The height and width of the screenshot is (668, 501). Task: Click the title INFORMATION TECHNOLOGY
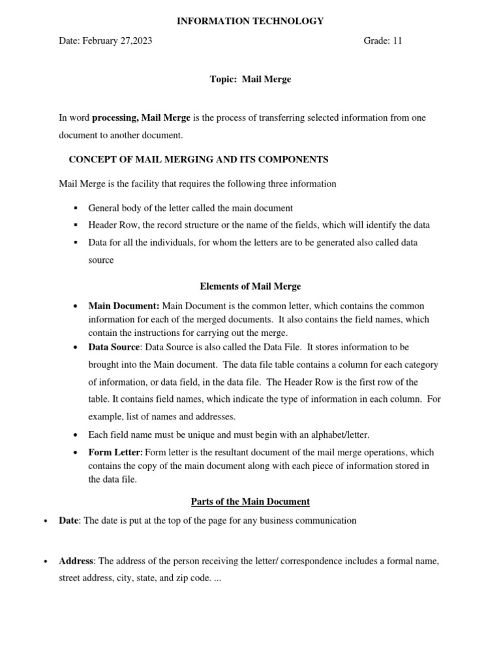click(250, 21)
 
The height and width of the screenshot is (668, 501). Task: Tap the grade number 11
click(397, 40)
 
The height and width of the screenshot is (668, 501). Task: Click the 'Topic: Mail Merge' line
click(250, 79)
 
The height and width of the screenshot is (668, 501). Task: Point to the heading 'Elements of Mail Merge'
click(250, 286)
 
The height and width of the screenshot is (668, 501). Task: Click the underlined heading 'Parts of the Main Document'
click(250, 502)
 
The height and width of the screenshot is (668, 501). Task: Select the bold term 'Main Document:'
click(124, 306)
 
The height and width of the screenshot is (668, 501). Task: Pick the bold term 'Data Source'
click(114, 347)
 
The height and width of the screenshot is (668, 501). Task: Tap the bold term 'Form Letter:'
click(115, 452)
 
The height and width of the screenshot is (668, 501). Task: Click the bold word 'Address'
click(76, 561)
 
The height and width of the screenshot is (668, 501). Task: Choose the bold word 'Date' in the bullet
click(68, 521)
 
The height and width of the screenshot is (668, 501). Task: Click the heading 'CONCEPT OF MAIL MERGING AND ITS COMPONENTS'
click(198, 159)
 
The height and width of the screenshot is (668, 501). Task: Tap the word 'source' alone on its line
click(101, 260)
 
